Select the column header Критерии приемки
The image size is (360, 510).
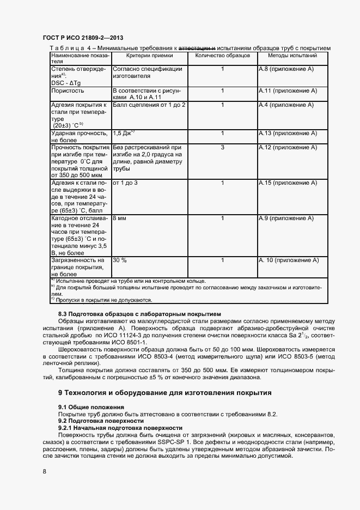click(x=150, y=56)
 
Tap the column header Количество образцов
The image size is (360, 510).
click(x=222, y=56)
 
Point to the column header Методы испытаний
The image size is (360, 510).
click(x=292, y=56)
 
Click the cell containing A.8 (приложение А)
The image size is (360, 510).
click(x=286, y=70)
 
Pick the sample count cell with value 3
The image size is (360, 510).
click(x=222, y=148)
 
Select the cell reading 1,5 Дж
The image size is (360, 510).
click(x=124, y=133)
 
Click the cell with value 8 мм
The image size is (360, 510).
click(x=119, y=218)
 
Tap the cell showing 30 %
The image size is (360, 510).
click(x=119, y=261)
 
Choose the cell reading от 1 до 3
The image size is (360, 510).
click(x=125, y=183)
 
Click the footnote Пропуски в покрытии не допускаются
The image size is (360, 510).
click(x=103, y=299)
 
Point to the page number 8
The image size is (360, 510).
click(x=44, y=472)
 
